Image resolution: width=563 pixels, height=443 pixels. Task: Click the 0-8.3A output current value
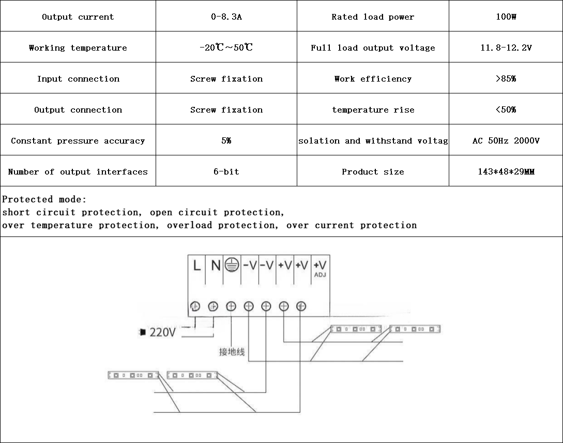click(226, 17)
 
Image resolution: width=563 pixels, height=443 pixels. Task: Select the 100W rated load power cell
click(506, 17)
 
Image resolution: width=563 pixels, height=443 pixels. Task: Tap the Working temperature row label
click(78, 48)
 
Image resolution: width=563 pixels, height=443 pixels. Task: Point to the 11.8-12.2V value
click(506, 48)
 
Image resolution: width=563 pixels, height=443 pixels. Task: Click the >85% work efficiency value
click(506, 78)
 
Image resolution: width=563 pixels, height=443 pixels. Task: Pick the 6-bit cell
click(226, 171)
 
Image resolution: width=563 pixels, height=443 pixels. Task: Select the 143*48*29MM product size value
click(506, 171)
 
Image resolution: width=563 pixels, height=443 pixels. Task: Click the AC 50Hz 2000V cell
click(506, 140)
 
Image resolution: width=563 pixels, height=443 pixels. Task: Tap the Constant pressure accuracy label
click(78, 140)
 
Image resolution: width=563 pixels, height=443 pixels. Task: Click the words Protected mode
click(44, 199)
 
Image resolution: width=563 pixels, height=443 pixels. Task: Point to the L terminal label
click(196, 265)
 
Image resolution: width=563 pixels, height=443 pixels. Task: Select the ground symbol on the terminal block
click(232, 265)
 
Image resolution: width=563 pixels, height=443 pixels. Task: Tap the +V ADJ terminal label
click(320, 267)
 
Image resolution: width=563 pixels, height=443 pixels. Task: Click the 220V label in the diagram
click(162, 332)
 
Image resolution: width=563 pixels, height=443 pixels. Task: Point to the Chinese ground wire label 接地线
click(232, 352)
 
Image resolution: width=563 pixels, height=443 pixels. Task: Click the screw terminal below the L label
click(195, 306)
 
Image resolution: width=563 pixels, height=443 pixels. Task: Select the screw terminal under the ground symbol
click(231, 306)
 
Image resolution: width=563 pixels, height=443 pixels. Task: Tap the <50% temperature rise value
click(506, 109)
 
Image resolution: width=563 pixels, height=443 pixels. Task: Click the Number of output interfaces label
click(78, 171)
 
